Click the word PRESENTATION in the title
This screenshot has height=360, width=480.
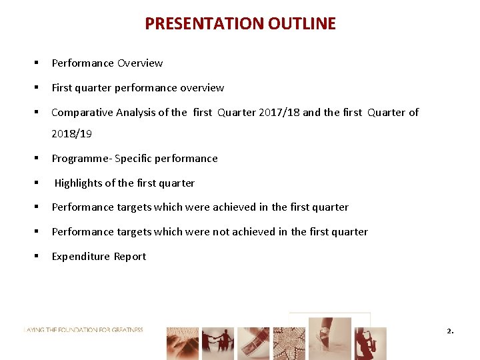click(x=205, y=24)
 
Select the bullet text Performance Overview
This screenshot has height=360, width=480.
click(x=107, y=63)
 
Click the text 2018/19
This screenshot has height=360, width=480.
click(x=71, y=134)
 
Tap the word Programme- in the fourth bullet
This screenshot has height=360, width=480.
click(x=81, y=159)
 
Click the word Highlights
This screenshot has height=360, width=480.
click(x=81, y=183)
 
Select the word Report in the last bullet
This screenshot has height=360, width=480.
click(x=130, y=257)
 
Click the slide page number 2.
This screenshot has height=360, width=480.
click(x=449, y=331)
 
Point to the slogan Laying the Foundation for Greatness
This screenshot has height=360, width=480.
click(x=83, y=330)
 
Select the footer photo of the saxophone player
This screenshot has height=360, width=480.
click(x=370, y=343)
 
